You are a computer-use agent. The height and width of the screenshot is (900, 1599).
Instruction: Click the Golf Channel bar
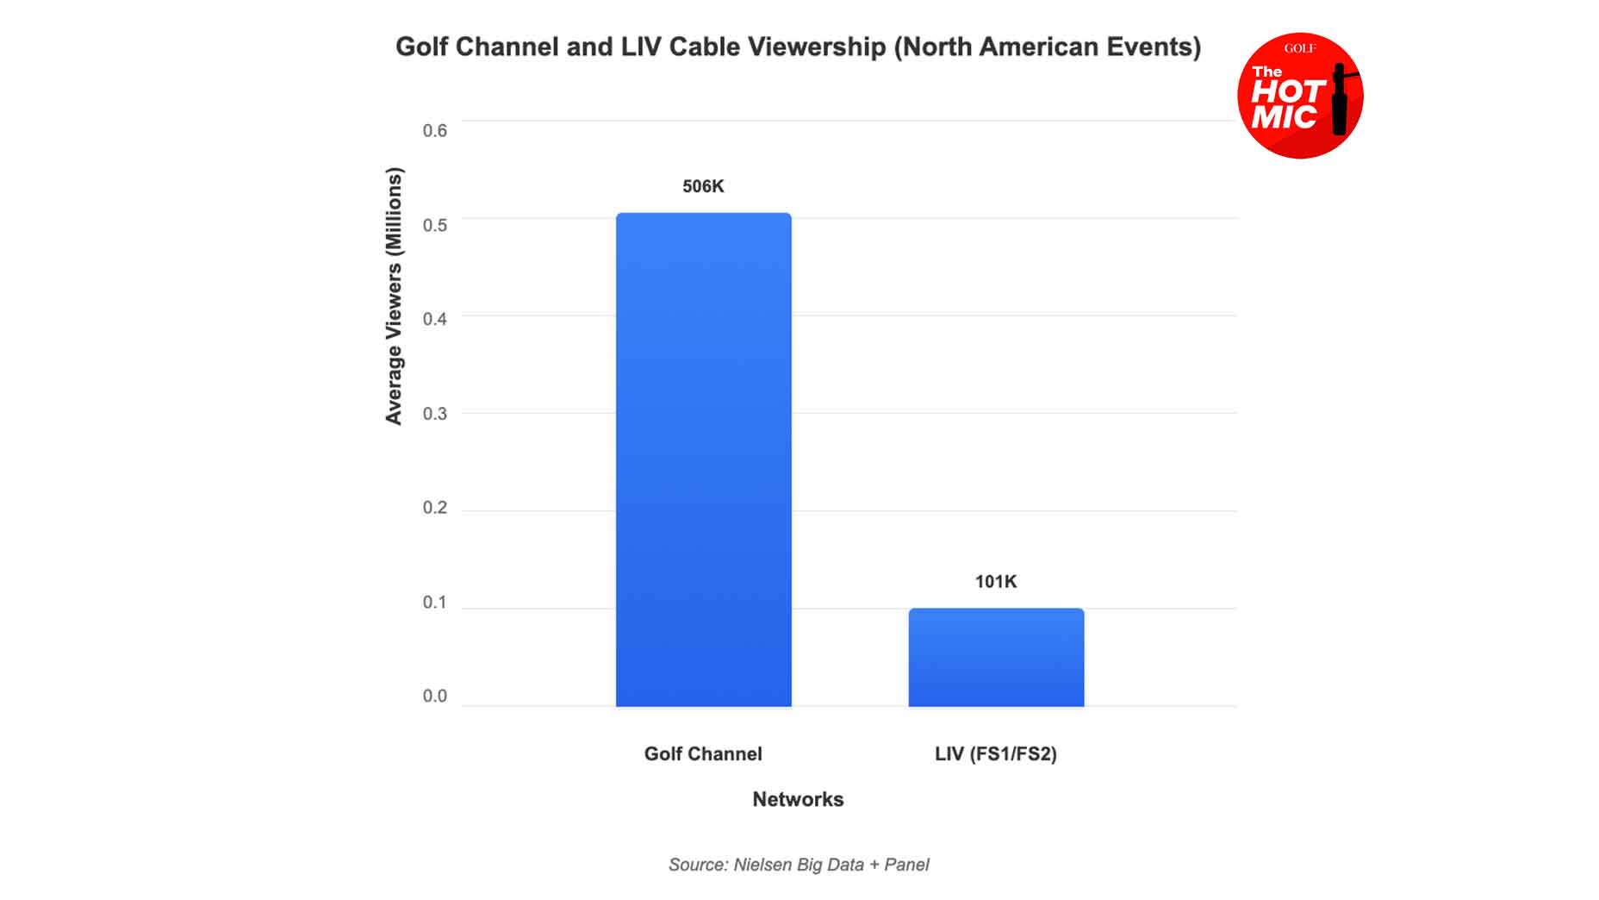703,459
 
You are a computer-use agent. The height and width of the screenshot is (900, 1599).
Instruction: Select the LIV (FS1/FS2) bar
996,657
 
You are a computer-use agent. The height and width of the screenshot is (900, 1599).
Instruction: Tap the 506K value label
703,186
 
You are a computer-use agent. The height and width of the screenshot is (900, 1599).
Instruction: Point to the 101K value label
996,582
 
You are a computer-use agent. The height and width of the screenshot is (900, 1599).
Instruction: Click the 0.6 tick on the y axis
434,131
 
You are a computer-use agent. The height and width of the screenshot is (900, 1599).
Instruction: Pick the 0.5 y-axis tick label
434,225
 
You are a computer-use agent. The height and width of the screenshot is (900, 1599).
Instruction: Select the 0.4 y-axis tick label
434,319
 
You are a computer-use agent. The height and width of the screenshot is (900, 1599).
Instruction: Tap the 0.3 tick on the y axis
434,414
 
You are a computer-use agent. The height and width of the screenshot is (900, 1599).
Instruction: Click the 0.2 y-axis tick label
434,508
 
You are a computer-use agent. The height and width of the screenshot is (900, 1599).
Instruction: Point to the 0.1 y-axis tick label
434,602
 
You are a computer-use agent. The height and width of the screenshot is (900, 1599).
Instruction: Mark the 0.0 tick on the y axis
434,696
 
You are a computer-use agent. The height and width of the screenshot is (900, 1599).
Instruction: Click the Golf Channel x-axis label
703,754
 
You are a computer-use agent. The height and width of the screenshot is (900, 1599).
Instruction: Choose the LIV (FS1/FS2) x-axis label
996,754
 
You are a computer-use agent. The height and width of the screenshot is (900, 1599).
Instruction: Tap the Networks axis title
798,799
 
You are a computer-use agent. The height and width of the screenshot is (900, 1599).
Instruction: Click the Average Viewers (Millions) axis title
394,296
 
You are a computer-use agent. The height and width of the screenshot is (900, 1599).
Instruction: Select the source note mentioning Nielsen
799,865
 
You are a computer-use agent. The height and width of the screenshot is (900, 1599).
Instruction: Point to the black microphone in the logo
1340,99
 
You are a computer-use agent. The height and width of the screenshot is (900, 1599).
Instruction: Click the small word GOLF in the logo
1299,49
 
